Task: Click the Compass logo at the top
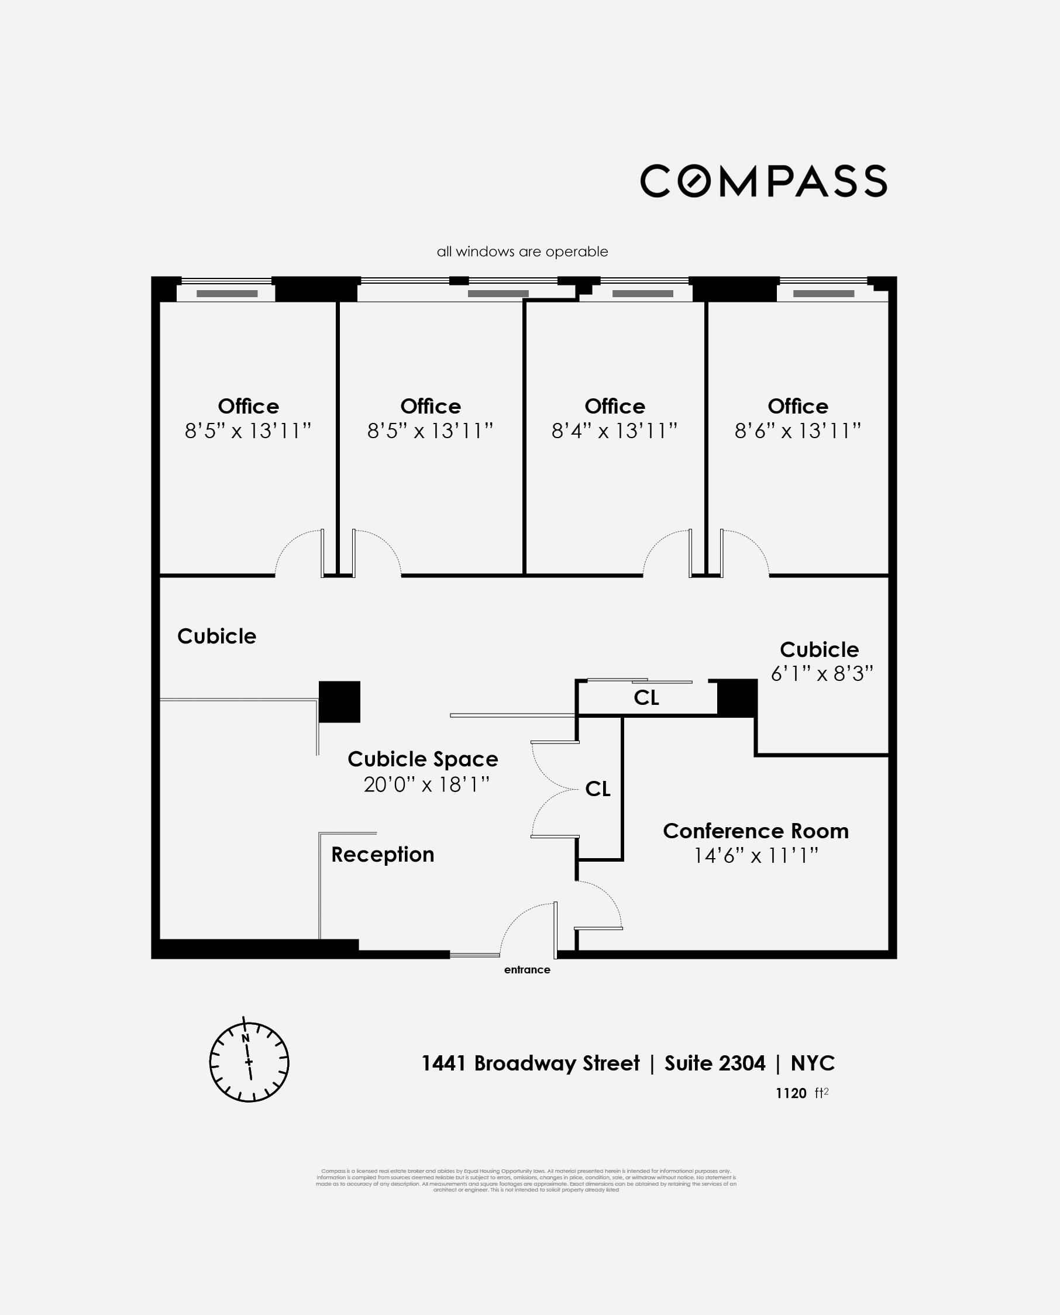[763, 181]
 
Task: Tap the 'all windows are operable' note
[522, 252]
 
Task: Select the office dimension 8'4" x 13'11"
[614, 431]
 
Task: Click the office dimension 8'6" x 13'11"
[797, 431]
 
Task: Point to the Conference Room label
[755, 831]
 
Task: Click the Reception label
[382, 854]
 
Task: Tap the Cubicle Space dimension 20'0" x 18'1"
[426, 784]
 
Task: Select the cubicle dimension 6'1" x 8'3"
[821, 673]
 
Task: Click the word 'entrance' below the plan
[527, 969]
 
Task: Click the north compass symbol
[249, 1062]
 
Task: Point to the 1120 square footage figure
[791, 1093]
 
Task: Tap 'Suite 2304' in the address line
[714, 1063]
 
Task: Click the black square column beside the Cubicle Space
[339, 701]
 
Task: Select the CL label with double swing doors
[597, 789]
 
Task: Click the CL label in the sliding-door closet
[646, 697]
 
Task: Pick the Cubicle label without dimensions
[217, 636]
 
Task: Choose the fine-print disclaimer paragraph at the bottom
[526, 1180]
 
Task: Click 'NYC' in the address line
[812, 1063]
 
